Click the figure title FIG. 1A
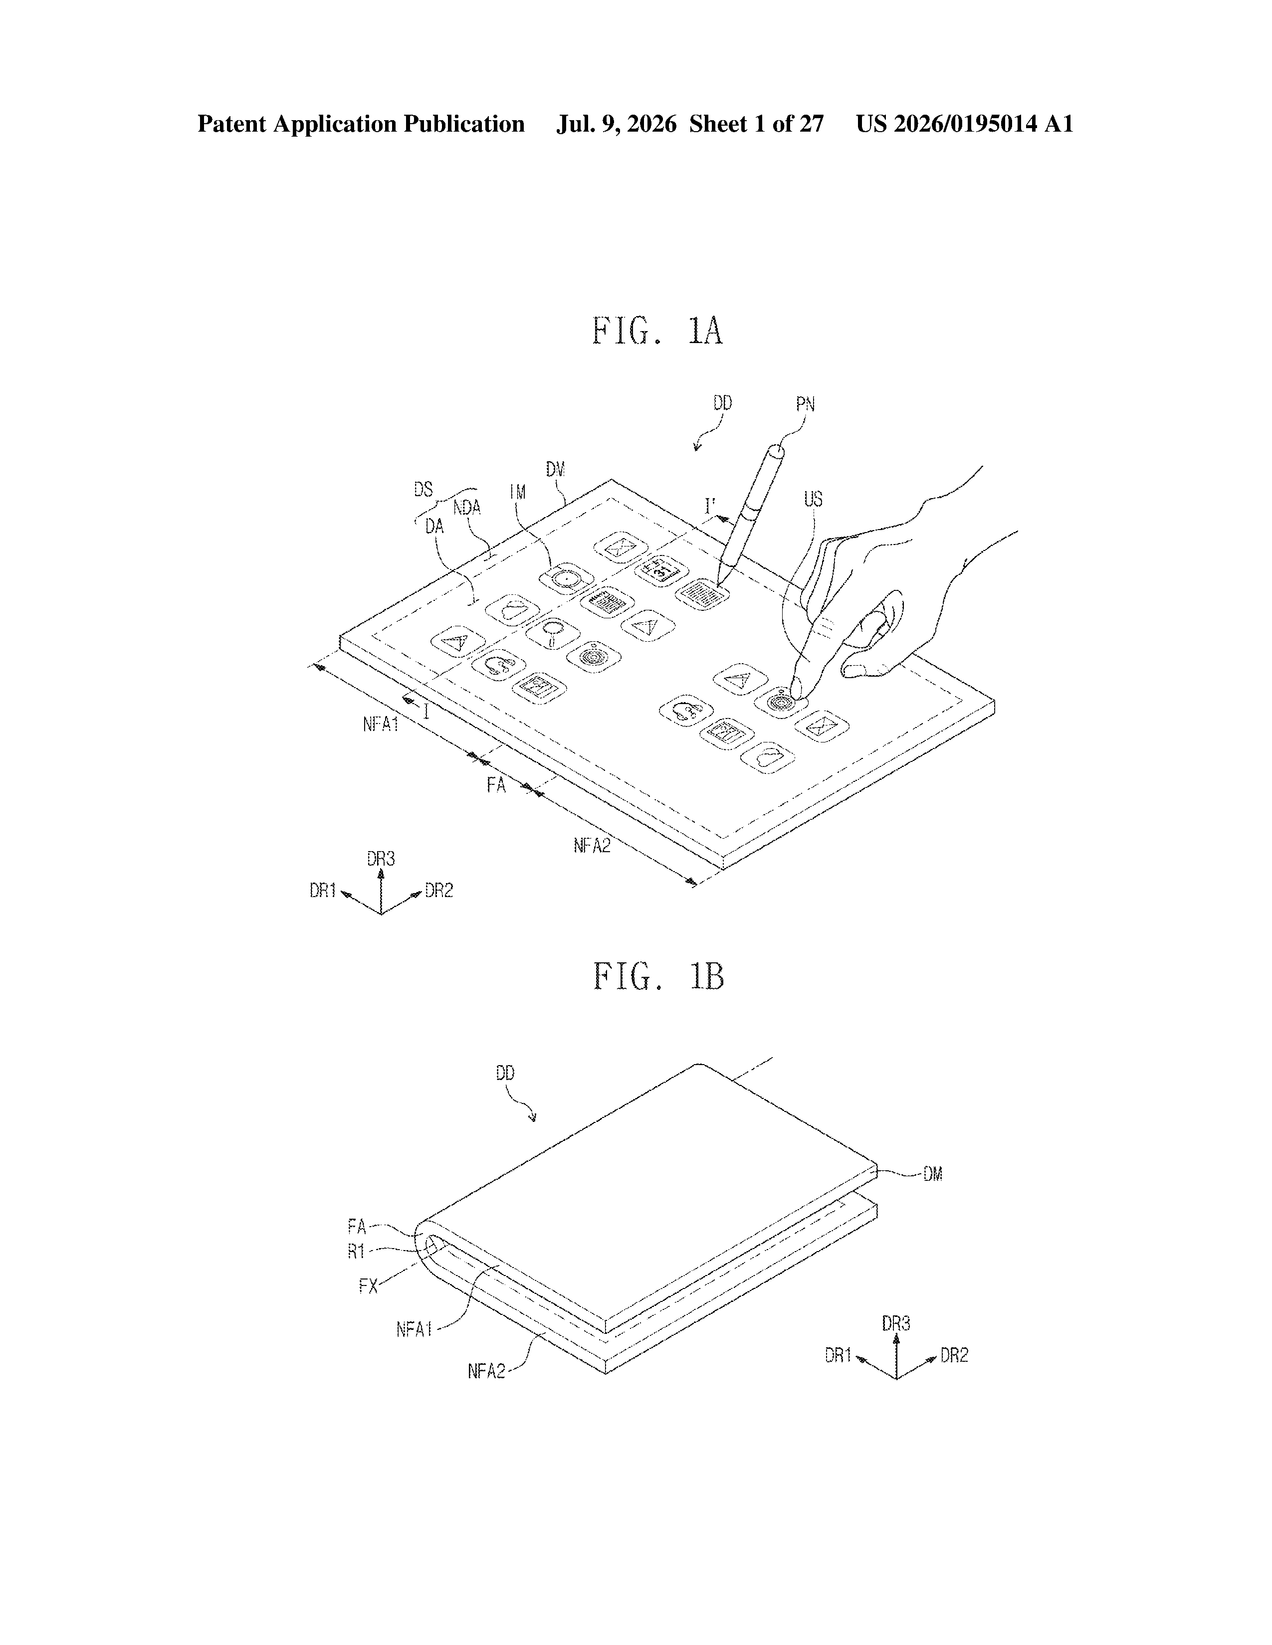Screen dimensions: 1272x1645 tap(657, 332)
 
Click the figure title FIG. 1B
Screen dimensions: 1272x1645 tap(658, 976)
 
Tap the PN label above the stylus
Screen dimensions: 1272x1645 tap(806, 404)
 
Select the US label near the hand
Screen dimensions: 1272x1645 tap(813, 499)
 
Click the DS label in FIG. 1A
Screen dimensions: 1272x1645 tap(424, 490)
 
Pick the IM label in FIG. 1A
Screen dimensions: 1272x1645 tap(518, 492)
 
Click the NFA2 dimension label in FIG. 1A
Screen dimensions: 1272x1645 tap(592, 846)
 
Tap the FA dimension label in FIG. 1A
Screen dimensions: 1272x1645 tap(496, 785)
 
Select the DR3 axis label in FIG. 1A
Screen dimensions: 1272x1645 tap(381, 859)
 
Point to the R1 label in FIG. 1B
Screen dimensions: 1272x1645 tap(357, 1251)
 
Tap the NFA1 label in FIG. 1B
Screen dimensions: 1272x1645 tap(415, 1329)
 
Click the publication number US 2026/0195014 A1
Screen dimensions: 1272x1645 tap(965, 124)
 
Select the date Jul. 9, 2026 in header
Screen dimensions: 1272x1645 tap(617, 124)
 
